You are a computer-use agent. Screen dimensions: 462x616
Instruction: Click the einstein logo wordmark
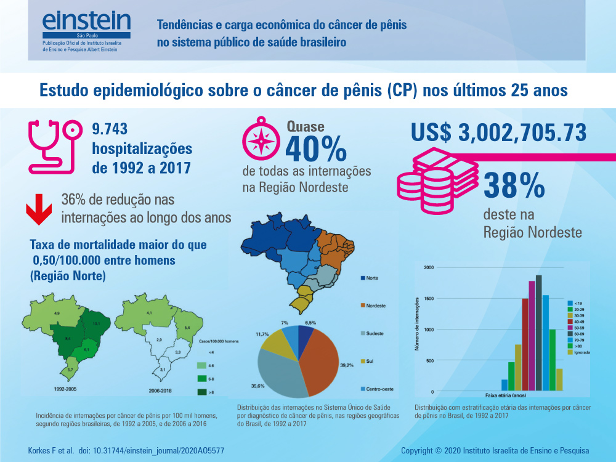pyautogui.click(x=86, y=21)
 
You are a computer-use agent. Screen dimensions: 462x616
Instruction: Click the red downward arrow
pyautogui.click(x=38, y=209)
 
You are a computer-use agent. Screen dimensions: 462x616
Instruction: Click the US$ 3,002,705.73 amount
pyautogui.click(x=498, y=132)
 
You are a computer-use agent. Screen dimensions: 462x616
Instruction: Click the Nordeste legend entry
pyautogui.click(x=377, y=306)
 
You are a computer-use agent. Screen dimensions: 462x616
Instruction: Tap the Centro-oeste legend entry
pyautogui.click(x=380, y=389)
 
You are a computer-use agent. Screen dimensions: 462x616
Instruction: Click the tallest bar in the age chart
pyautogui.click(x=539, y=333)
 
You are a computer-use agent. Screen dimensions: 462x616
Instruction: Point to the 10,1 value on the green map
pyautogui.click(x=96, y=323)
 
